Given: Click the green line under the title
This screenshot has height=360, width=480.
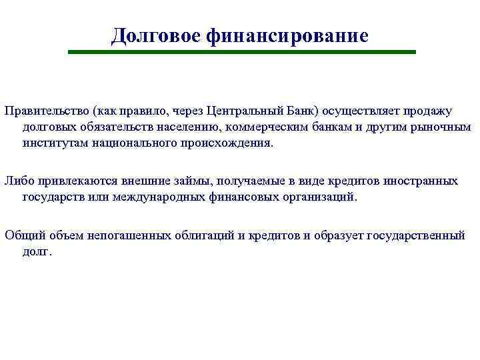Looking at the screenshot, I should click(x=243, y=51).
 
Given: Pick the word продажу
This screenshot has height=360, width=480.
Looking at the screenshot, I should click(x=428, y=110).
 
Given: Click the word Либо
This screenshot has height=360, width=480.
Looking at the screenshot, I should click(x=18, y=181).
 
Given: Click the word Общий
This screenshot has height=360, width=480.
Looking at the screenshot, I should click(x=23, y=235).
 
